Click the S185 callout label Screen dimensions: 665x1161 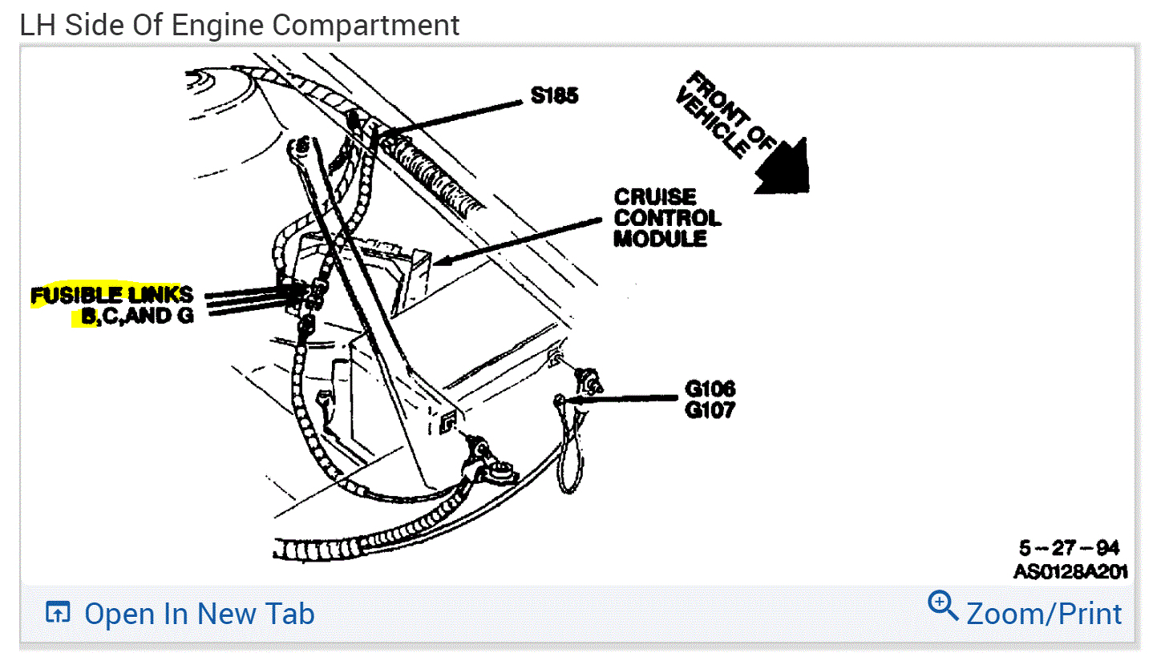point(554,96)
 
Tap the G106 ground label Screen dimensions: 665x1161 point(710,389)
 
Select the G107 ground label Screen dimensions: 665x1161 point(710,411)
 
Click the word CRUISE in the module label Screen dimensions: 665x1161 point(655,197)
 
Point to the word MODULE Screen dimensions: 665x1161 point(661,239)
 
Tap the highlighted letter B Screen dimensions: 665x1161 point(87,316)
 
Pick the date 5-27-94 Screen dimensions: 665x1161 point(1069,549)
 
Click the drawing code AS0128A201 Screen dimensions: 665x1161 point(1070,572)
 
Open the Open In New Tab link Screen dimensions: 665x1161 point(199,615)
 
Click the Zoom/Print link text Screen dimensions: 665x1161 point(1044,614)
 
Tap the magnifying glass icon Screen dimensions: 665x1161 point(943,606)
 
